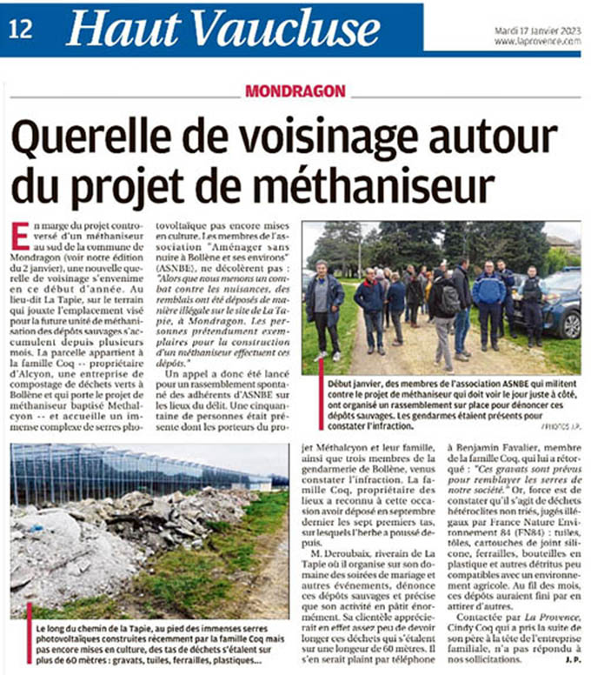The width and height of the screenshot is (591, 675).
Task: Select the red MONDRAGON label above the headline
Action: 295,90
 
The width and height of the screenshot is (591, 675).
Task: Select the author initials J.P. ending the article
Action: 571,659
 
